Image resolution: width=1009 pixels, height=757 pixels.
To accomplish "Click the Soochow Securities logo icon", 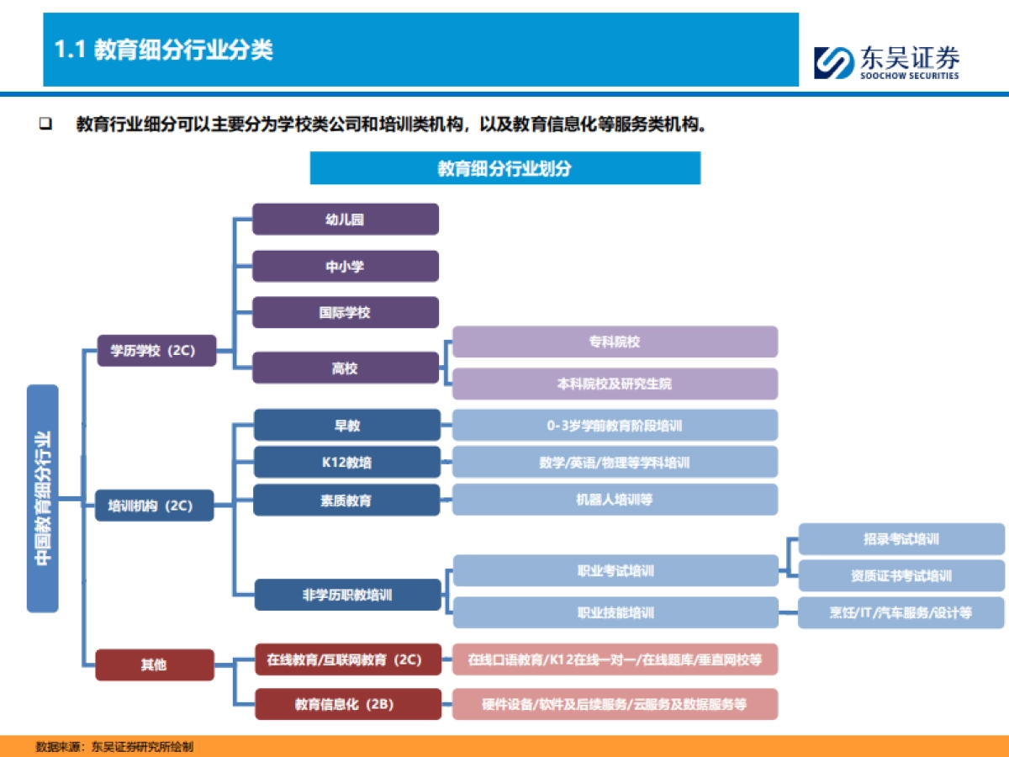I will (832, 62).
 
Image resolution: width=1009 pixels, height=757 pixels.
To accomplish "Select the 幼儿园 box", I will (346, 219).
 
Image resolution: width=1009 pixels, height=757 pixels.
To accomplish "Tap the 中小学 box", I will (346, 266).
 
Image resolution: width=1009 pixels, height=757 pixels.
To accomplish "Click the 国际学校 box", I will (346, 312).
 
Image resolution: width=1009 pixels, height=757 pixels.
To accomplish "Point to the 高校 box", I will (346, 368).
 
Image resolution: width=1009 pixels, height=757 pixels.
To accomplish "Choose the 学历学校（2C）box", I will (156, 350).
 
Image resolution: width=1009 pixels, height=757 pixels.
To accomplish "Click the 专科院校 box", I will (615, 341).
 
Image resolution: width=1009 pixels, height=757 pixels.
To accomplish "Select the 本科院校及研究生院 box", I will (615, 384).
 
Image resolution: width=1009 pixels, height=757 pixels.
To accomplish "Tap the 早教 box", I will (346, 425).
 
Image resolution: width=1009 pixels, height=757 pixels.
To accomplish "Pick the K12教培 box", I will (346, 462).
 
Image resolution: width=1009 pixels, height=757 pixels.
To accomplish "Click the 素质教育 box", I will (346, 500).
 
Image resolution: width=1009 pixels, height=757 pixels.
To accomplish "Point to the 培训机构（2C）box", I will (154, 506).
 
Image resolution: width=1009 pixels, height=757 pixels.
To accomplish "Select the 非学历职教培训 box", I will (347, 595).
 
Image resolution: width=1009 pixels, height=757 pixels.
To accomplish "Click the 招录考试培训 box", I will (901, 538).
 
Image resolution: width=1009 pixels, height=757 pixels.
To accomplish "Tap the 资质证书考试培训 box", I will (901, 576).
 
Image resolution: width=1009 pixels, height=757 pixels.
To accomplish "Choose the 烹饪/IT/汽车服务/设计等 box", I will (901, 612).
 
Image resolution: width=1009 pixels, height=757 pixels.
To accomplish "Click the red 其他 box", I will (155, 664).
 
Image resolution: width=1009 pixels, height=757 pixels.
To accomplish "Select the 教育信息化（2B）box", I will (347, 704).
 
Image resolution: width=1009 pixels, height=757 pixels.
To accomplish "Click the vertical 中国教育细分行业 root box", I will (43, 498).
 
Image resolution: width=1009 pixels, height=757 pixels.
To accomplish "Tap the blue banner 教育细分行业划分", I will (504, 168).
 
